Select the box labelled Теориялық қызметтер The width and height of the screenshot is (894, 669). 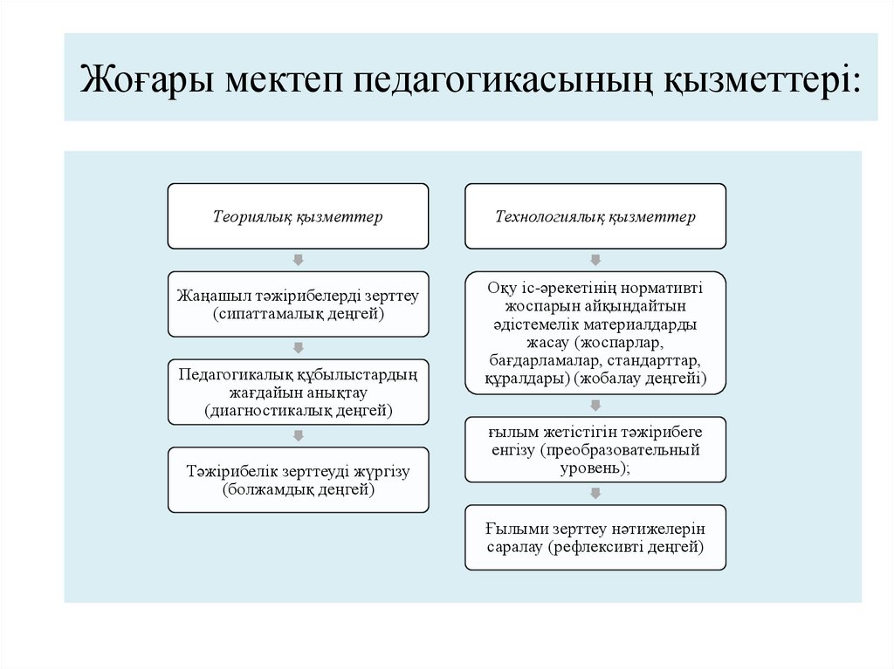[298, 216]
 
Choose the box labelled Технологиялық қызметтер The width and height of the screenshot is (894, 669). [595, 216]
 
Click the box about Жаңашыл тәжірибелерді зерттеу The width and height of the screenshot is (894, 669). [298, 304]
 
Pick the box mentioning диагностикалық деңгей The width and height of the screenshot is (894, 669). [298, 392]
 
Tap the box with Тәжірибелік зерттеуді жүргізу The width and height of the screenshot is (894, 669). [298, 480]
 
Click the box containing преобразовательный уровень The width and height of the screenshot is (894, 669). [595, 450]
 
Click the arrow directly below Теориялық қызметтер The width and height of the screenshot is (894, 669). [298, 260]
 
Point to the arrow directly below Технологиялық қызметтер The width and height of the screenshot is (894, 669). [595, 260]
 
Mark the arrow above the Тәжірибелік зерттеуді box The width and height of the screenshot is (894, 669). [298, 435]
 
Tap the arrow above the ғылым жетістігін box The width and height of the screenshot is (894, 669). [595, 406]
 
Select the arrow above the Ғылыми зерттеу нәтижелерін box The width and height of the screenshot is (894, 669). [595, 494]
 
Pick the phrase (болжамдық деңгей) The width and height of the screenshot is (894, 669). [298, 490]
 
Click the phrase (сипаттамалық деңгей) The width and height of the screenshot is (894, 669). [298, 313]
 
